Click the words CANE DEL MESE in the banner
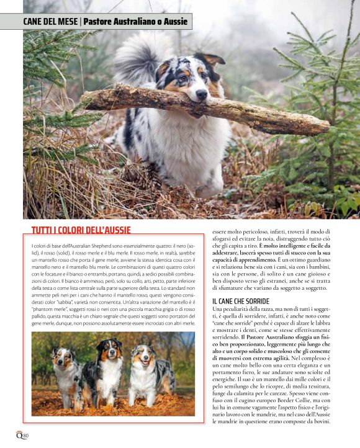coord(50,22)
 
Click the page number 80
coord(25,436)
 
